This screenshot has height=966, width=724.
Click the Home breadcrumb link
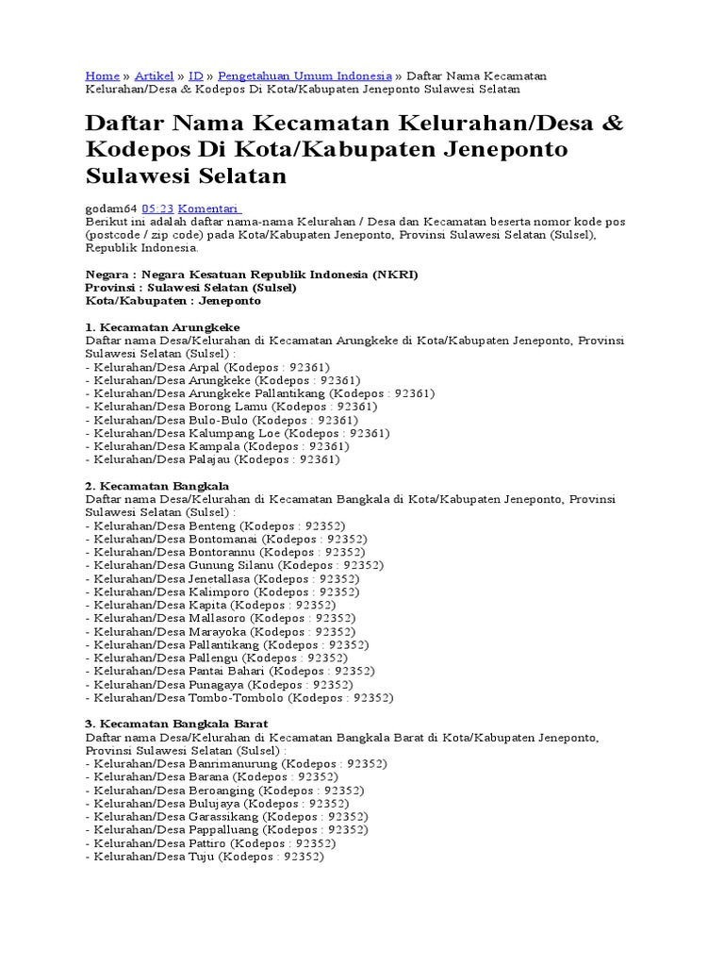coord(102,75)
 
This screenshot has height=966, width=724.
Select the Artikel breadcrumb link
coord(154,75)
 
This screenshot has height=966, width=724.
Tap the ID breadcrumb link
coord(196,75)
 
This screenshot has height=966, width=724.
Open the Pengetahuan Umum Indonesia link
coord(304,75)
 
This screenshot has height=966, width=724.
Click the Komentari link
coord(210,208)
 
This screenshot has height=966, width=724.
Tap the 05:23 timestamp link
coord(157,208)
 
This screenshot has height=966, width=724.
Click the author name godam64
coord(111,208)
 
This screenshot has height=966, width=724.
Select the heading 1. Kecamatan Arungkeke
coord(162,326)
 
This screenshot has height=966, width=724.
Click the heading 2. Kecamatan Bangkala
coord(157,485)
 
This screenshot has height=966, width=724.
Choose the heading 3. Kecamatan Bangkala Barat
coord(176,724)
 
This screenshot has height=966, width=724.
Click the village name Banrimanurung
coord(233,763)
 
